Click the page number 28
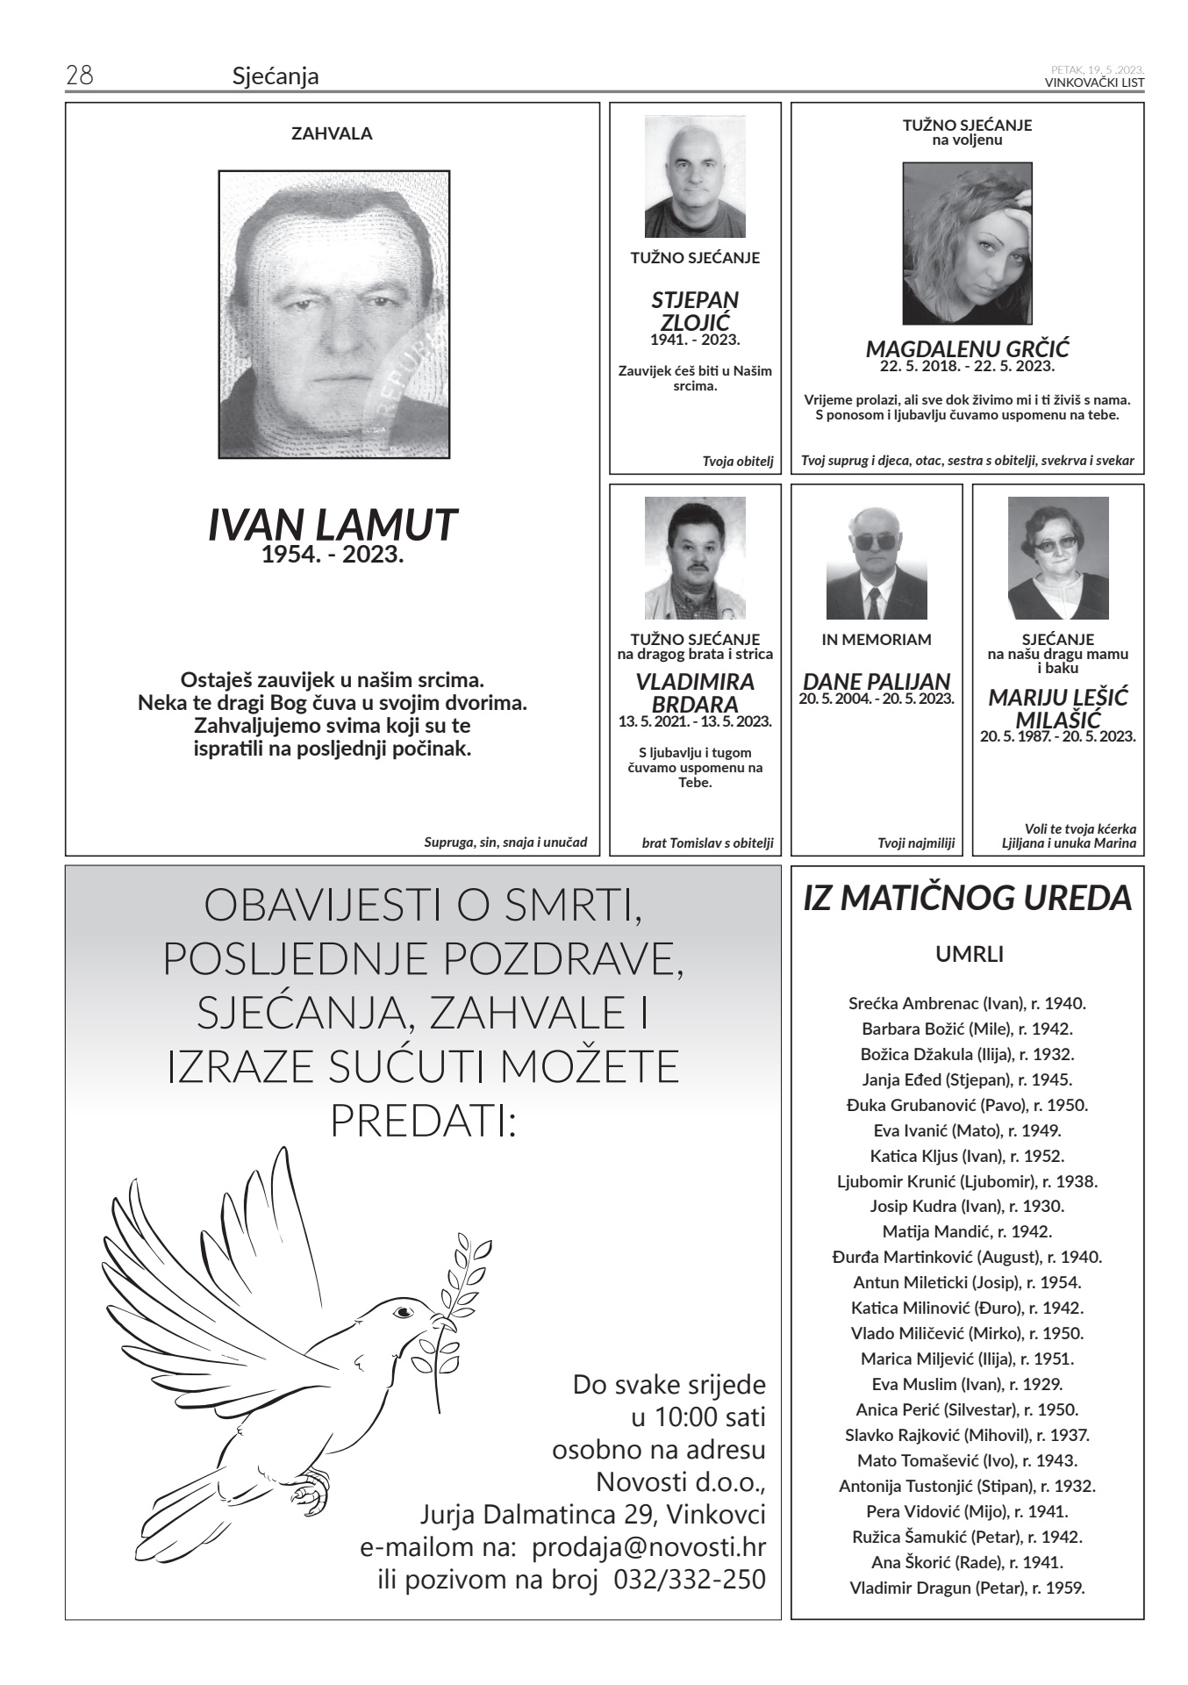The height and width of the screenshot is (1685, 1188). point(80,75)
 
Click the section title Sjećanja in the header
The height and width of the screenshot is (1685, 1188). point(276,77)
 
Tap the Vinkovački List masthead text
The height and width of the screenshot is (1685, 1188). point(1094,82)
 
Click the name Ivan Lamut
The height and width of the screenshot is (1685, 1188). point(333,524)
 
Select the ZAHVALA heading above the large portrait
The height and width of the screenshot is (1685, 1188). point(332,134)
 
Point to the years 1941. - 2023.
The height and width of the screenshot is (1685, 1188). point(695,340)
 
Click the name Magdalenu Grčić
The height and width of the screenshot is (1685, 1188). point(967,348)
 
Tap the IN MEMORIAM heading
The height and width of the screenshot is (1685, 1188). point(876,640)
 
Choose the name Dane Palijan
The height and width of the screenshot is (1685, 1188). point(876,681)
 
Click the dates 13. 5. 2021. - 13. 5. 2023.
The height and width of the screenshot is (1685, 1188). point(695,721)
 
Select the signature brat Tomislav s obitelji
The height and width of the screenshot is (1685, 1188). point(707,843)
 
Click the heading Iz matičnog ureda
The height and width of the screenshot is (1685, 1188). point(967,899)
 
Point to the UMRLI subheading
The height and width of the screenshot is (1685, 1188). point(969,954)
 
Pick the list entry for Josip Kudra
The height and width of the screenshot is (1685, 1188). point(967,1206)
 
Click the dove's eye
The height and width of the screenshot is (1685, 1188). point(403,1312)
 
